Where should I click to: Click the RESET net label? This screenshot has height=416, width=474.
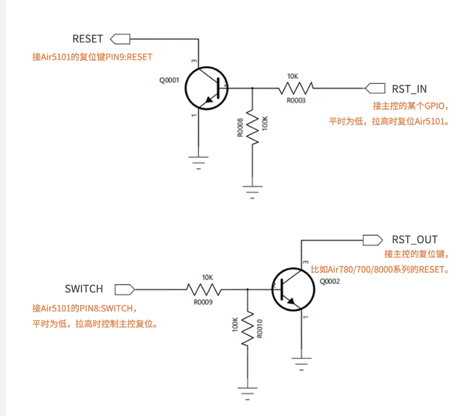pyautogui.click(x=88, y=39)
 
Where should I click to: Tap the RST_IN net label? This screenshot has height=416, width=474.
pyautogui.click(x=409, y=89)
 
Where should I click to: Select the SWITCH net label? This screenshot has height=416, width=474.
pyautogui.click(x=84, y=289)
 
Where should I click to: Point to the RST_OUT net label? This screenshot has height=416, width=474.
pyautogui.click(x=415, y=239)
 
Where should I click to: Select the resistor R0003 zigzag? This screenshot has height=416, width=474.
pyautogui.click(x=296, y=89)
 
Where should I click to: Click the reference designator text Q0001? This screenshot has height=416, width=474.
pyautogui.click(x=169, y=80)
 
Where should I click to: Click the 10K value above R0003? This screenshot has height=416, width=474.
pyautogui.click(x=292, y=76)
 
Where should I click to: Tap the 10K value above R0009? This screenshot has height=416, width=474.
pyautogui.click(x=207, y=277)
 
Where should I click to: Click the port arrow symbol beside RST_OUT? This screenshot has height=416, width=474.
pyautogui.click(x=372, y=239)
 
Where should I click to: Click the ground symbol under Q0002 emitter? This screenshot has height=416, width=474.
pyautogui.click(x=301, y=361)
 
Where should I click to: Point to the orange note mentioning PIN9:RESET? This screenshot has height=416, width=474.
pyautogui.click(x=92, y=57)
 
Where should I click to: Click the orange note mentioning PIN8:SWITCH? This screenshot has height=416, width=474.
pyautogui.click(x=85, y=308)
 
